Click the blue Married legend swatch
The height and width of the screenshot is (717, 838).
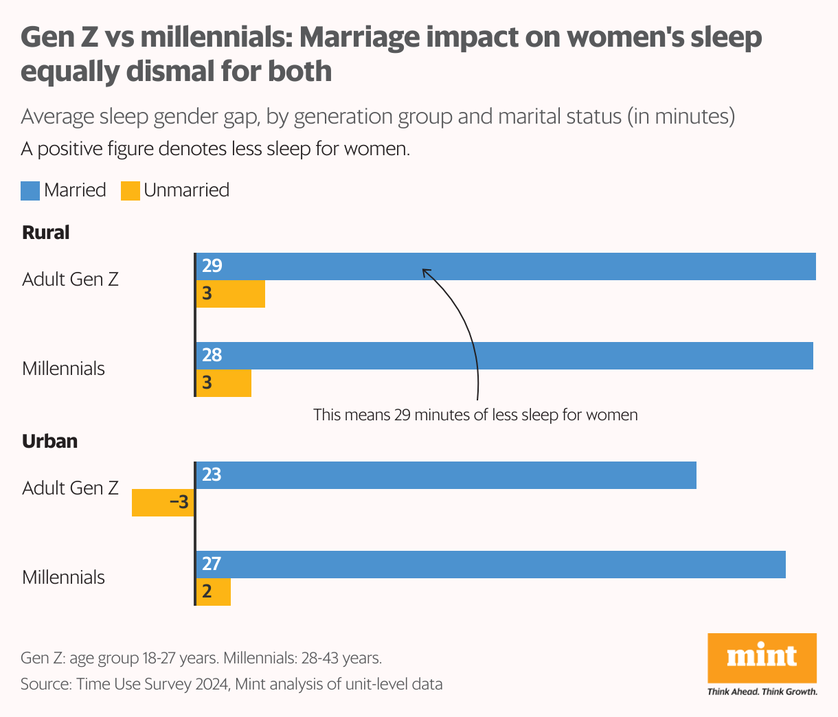(x=30, y=190)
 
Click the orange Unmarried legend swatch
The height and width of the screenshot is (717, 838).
(x=131, y=190)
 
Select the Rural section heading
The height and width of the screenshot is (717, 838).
(x=46, y=233)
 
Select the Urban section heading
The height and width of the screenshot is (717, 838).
(x=49, y=441)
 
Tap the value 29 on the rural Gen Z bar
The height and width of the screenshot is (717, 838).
(x=212, y=266)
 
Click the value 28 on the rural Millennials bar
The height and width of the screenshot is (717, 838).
(x=212, y=355)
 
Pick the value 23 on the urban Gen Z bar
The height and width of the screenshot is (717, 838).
(x=212, y=475)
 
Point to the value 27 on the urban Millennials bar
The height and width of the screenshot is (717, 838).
(x=212, y=564)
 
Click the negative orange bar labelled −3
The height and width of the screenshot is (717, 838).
(x=163, y=503)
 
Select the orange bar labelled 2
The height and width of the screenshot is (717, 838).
(x=214, y=592)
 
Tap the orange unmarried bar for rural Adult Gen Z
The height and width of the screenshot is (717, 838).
(x=231, y=294)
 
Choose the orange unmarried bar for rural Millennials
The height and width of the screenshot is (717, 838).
(x=224, y=383)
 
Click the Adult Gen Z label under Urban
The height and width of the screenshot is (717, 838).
(x=70, y=488)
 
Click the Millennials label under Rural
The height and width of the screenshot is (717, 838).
(x=63, y=369)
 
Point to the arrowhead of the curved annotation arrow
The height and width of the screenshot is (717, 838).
(x=424, y=271)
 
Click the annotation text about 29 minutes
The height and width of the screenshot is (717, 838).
(x=475, y=415)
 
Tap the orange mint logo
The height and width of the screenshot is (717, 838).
(x=762, y=657)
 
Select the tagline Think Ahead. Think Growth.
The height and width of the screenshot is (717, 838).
(x=762, y=692)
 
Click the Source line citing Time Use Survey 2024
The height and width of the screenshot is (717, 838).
(x=231, y=684)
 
